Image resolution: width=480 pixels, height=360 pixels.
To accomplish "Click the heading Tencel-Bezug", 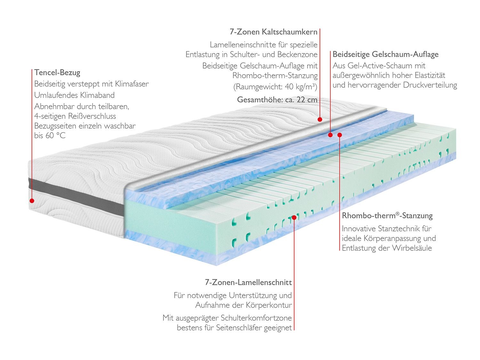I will click(x=57, y=73).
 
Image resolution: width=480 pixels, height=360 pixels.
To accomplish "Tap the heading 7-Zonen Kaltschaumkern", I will click(x=274, y=32).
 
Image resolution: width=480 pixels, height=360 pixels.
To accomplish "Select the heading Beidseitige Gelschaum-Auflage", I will click(x=386, y=54).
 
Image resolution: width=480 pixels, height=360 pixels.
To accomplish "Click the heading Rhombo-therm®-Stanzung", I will click(x=387, y=216).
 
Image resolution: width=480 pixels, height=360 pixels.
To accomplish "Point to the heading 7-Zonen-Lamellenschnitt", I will click(x=248, y=283).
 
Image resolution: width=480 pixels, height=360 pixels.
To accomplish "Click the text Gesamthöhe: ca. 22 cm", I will click(x=277, y=100).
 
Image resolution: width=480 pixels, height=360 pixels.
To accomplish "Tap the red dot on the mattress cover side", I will click(x=32, y=201).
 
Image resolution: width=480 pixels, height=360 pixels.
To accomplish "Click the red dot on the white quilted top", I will click(x=320, y=119).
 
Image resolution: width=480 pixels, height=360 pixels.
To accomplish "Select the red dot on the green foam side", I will click(x=294, y=217).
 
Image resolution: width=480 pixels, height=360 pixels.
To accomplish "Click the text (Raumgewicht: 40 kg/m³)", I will click(x=276, y=87).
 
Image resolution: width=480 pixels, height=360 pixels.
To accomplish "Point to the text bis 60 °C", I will click(x=50, y=136).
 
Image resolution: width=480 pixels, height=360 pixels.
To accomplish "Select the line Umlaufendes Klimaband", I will click(x=74, y=95).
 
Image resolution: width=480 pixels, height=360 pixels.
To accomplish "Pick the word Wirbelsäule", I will click(x=412, y=248).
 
